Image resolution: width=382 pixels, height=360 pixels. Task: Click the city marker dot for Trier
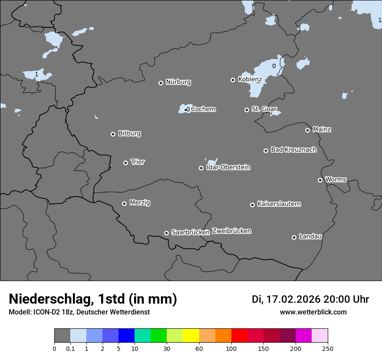coord(126,163)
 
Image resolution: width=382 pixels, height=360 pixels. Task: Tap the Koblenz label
coord(250,79)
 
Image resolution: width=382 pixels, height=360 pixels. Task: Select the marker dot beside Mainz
coord(307,130)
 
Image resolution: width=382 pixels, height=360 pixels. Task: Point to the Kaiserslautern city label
coord(279,204)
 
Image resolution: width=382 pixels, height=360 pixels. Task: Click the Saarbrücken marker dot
coord(166,233)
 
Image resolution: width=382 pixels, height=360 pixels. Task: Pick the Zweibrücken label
coord(231,231)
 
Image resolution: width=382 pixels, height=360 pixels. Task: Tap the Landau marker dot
coord(294,237)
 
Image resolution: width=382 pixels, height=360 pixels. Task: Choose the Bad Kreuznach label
coord(293,150)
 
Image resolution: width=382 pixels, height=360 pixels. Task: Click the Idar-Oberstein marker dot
coord(201,168)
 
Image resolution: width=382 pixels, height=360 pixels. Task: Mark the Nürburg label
coord(178,82)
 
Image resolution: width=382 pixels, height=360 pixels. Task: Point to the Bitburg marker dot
coord(113,134)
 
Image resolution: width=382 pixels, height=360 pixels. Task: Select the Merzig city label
coord(140,203)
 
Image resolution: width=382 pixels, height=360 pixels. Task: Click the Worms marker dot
coord(320,180)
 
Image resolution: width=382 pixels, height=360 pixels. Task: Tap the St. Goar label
coord(264,109)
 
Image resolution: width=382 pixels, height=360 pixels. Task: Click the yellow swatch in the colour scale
coord(191,336)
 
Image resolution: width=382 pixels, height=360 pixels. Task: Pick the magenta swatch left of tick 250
coord(303,336)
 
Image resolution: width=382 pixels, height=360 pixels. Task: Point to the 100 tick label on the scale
coord(231,348)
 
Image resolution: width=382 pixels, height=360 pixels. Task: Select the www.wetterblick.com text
coord(313,312)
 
